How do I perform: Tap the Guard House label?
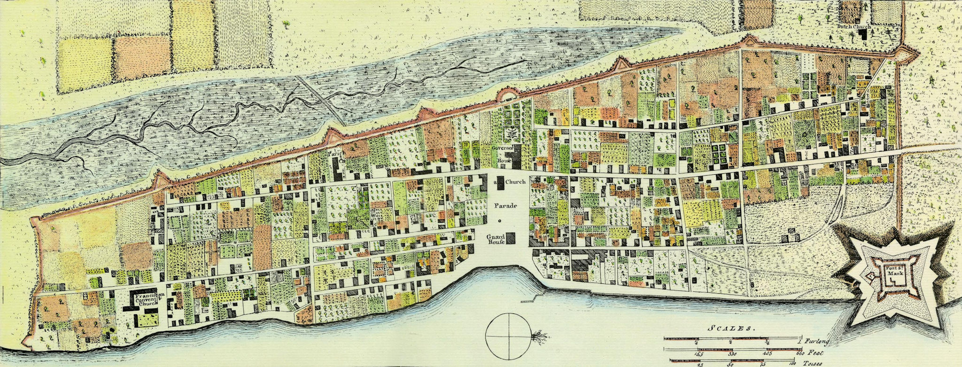pyautogui.click(x=496, y=238)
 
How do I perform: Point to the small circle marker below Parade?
pyautogui.click(x=500, y=220)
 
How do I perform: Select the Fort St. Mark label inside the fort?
pyautogui.click(x=892, y=274)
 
